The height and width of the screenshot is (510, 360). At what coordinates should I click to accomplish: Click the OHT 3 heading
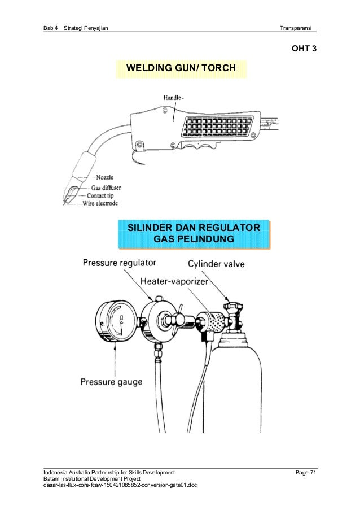click(x=304, y=49)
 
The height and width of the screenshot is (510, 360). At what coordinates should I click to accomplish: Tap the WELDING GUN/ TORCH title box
click(x=181, y=68)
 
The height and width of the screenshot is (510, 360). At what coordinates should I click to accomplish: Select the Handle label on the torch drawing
click(x=173, y=98)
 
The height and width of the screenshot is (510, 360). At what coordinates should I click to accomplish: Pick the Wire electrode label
click(x=100, y=203)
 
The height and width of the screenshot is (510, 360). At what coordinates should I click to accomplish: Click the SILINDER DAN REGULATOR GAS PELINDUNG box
click(x=194, y=234)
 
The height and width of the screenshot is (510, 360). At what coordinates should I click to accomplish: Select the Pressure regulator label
click(x=120, y=263)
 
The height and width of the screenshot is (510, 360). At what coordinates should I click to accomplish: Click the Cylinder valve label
click(x=216, y=264)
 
